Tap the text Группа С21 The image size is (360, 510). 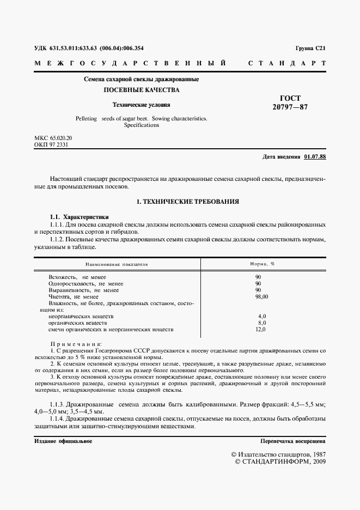[x=310, y=48]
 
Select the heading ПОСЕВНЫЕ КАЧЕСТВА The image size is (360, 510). [x=141, y=90]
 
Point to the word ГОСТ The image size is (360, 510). [x=290, y=98]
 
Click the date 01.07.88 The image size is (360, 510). [x=315, y=157]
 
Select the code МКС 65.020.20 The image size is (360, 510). [x=53, y=138]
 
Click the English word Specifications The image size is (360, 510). [x=141, y=125]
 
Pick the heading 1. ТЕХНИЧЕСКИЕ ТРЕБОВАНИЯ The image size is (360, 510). [x=187, y=202]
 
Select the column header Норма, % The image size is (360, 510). [x=263, y=264]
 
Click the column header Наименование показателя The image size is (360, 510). [x=117, y=264]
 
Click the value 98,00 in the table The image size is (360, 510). [x=262, y=296]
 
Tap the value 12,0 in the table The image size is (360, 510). [x=261, y=329]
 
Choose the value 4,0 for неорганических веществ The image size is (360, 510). [x=261, y=316]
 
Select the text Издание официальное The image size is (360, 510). [x=63, y=441]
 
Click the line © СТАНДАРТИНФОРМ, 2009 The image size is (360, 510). [x=279, y=462]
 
